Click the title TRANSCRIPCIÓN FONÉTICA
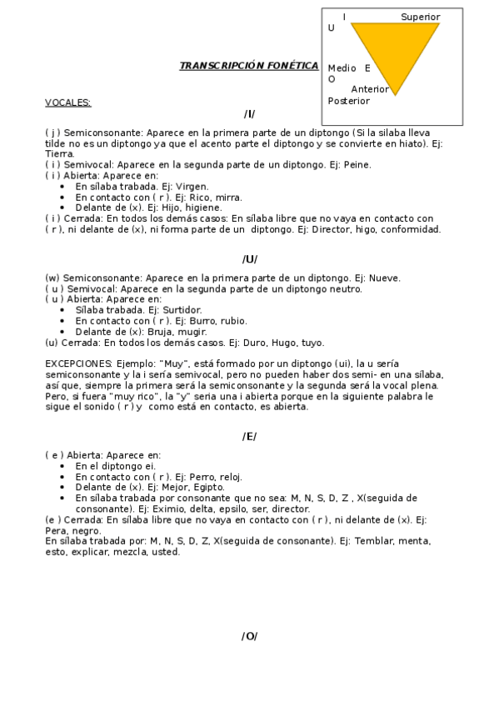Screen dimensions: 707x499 click(x=248, y=66)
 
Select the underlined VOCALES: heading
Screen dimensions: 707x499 click(x=68, y=103)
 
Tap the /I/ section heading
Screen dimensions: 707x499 click(x=249, y=114)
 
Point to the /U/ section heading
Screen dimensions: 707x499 click(x=249, y=259)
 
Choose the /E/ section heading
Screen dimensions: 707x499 click(x=249, y=436)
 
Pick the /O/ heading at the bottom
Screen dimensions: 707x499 click(x=249, y=636)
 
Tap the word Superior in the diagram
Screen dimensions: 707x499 click(x=420, y=17)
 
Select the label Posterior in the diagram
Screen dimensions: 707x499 click(x=349, y=101)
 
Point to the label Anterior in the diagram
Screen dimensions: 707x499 click(x=370, y=89)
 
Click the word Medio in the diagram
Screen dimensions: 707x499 click(x=342, y=68)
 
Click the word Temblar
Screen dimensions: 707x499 click(x=375, y=541)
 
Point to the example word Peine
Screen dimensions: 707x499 click(x=353, y=165)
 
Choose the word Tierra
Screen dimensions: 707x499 click(x=60, y=153)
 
